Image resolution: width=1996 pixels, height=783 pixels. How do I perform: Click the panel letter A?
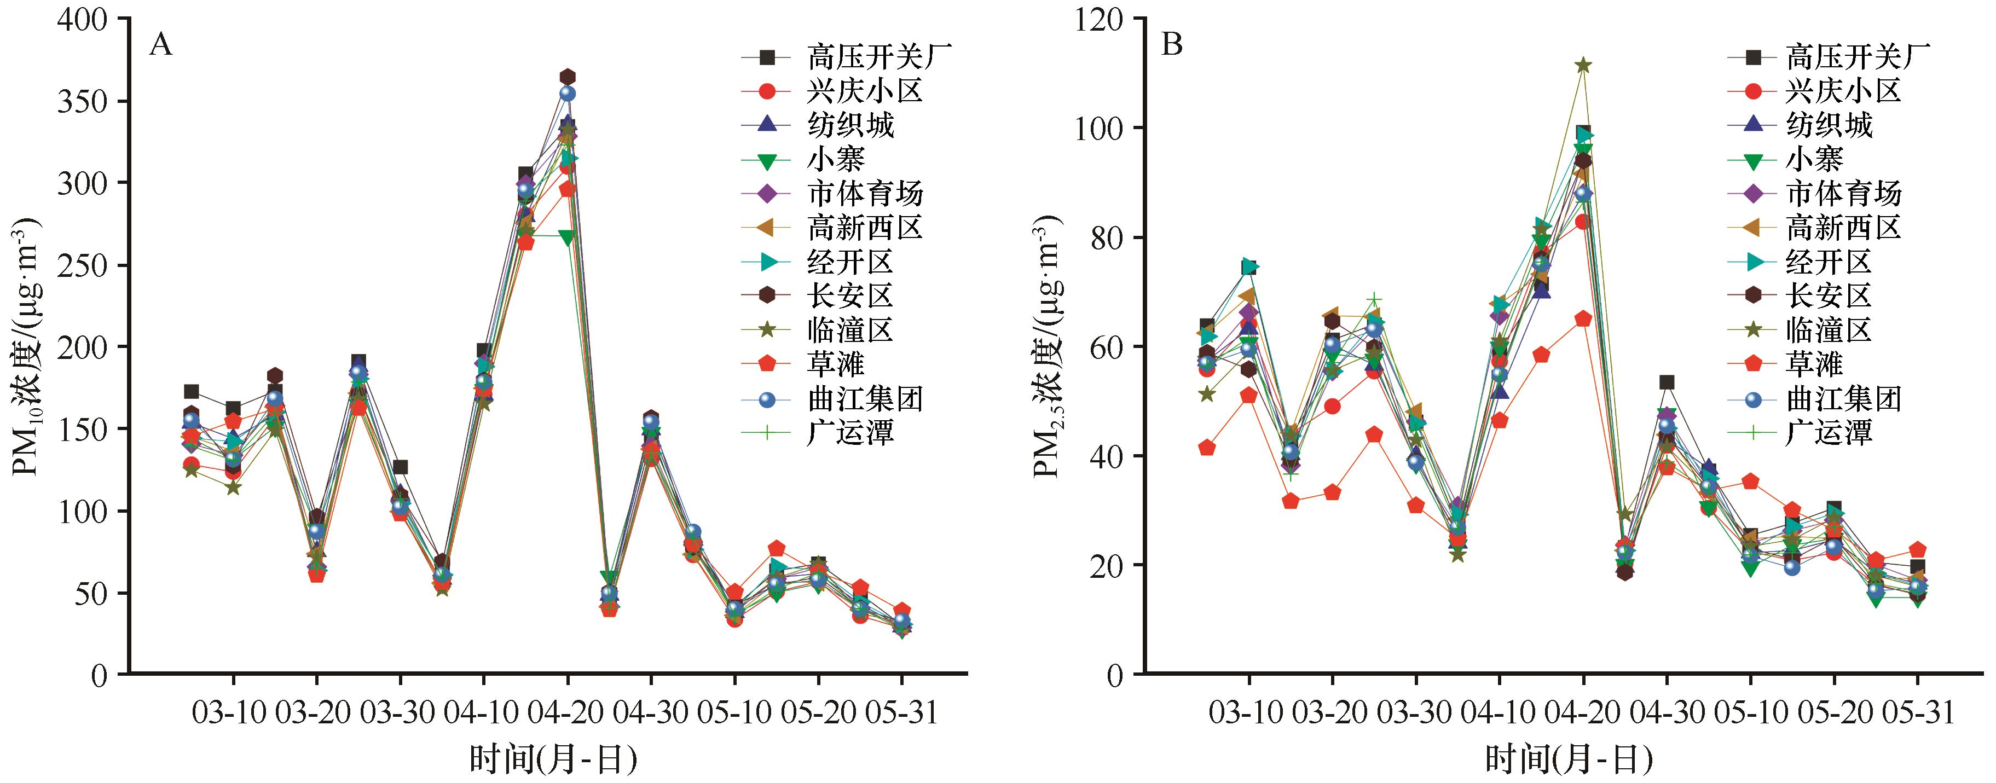pos(160,46)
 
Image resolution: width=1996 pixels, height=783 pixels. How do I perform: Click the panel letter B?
pos(1172,46)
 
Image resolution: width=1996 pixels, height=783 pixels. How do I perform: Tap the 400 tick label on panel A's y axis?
pos(82,19)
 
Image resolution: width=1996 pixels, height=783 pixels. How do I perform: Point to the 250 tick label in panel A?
pos(82,265)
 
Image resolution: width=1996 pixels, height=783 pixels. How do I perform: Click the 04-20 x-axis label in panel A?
pos(567,712)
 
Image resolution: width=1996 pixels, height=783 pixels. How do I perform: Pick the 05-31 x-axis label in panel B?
pos(1918,712)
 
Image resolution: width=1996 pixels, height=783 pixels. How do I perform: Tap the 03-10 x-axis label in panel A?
pos(233,712)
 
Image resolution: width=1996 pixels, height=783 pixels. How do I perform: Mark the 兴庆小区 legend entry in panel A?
pos(865,91)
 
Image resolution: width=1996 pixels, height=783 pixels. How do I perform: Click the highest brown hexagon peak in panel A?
pos(567,77)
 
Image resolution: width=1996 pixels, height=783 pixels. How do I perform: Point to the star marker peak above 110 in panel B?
pos(1583,65)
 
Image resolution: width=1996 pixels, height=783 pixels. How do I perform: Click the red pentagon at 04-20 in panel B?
pos(1583,319)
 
